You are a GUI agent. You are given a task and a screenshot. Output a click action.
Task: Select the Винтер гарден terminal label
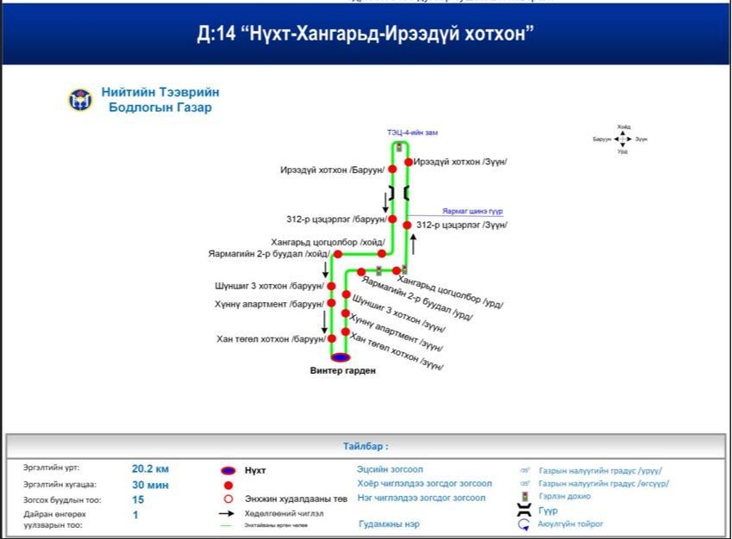(343, 371)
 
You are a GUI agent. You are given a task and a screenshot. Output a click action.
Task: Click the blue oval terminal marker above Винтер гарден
(341, 356)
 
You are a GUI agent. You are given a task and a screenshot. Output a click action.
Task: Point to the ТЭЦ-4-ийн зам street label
(412, 132)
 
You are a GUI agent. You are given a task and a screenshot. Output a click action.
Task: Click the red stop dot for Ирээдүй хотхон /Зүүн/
(408, 162)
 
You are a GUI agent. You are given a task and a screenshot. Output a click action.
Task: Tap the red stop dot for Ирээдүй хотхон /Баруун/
(393, 170)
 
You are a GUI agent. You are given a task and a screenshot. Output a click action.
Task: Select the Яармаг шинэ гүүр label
(472, 211)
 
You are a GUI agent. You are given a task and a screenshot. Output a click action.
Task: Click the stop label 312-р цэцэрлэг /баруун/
(336, 220)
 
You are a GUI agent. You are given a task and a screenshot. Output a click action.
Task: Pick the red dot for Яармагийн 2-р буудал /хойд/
(338, 254)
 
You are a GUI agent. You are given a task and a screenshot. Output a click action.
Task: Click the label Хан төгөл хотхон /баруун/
(270, 340)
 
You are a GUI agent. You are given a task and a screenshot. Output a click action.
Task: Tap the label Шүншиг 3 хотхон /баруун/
(268, 286)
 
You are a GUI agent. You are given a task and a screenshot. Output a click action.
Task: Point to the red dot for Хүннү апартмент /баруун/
(331, 304)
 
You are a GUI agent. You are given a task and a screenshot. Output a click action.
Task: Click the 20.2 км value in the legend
(152, 469)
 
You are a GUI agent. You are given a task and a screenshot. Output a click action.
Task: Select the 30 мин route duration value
(150, 485)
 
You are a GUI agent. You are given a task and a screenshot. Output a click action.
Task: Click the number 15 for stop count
(138, 499)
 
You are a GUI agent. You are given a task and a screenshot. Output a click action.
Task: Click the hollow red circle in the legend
(228, 499)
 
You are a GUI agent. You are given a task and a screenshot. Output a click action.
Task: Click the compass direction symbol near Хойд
(623, 138)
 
